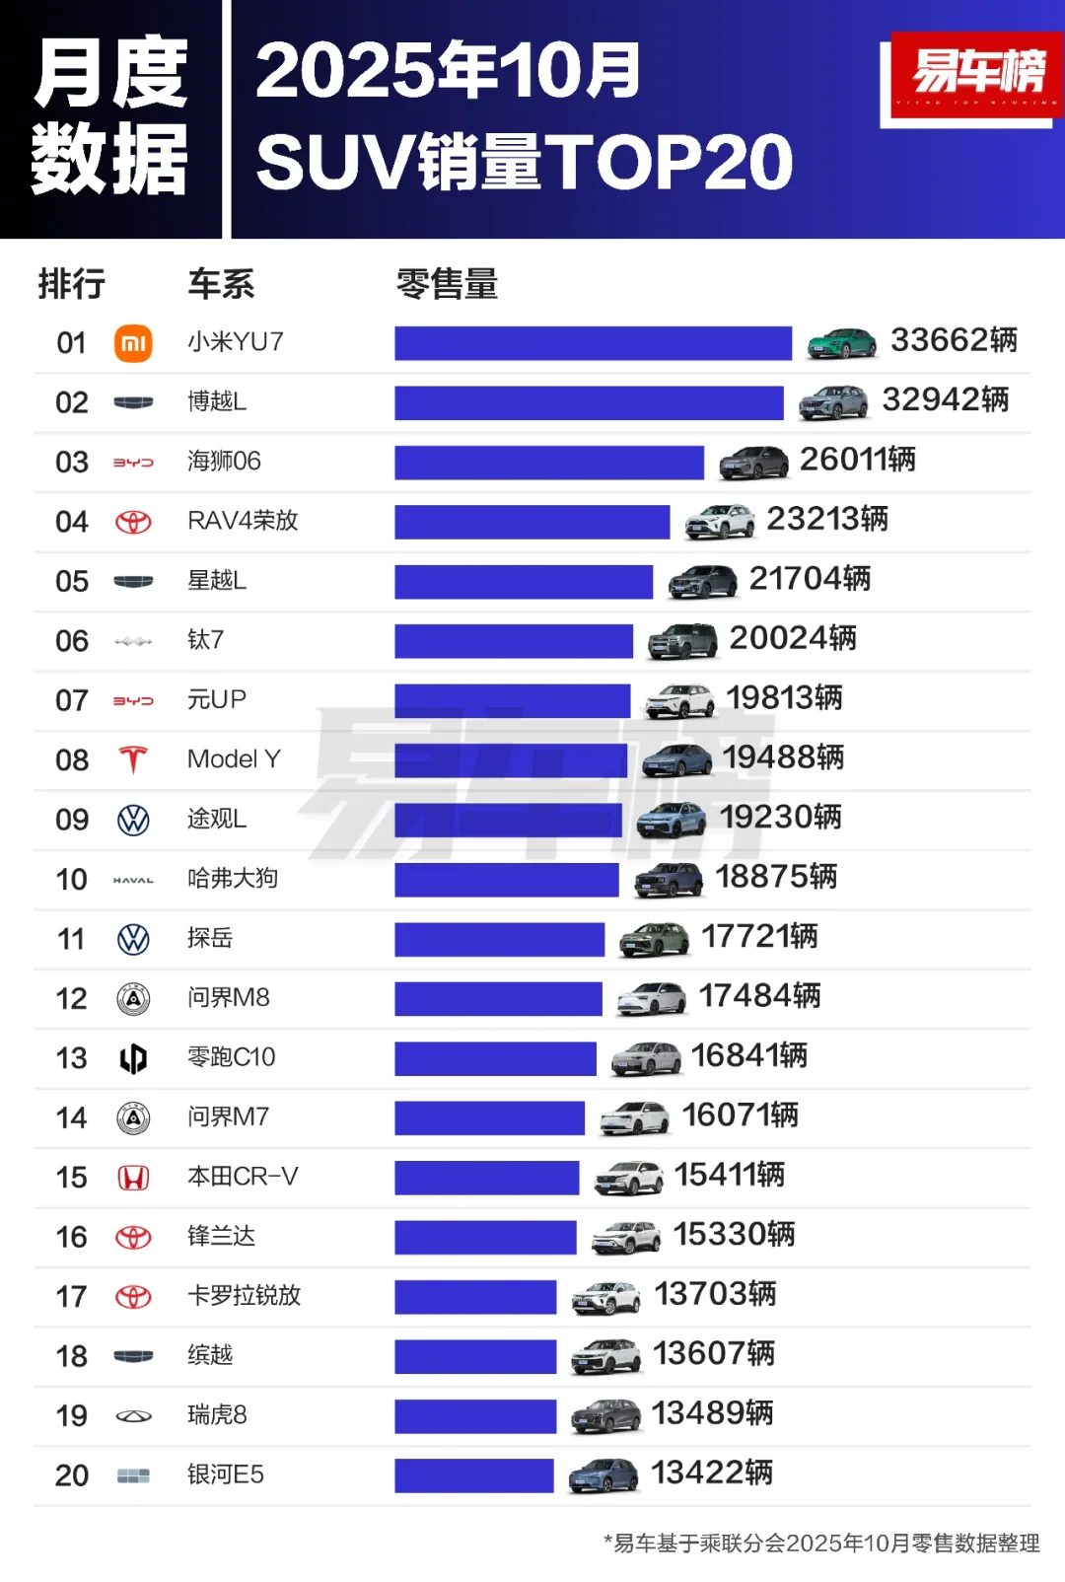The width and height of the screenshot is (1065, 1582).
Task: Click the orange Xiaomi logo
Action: [x=133, y=343]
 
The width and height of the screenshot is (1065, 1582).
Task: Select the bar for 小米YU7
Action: [x=593, y=343]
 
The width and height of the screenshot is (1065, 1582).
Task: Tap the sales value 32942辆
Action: [x=945, y=400]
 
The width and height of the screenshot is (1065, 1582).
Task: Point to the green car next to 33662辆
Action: [x=841, y=342]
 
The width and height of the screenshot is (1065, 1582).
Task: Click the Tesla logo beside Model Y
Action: [x=133, y=760]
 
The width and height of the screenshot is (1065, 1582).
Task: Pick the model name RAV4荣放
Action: [x=243, y=521]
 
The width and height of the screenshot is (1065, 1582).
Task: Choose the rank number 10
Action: [x=71, y=880]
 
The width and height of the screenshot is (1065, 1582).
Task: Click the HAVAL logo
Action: [x=133, y=880]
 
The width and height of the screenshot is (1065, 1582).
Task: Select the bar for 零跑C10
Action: [x=495, y=1058]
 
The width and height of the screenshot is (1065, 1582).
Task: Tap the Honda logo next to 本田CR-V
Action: [x=133, y=1178]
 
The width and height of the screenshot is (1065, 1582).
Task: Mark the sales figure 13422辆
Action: [x=712, y=1474]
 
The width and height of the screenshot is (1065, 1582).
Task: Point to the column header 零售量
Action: [x=447, y=284]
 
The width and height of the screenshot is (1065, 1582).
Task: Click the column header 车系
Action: [x=221, y=284]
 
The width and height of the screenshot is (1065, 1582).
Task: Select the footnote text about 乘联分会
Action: [x=822, y=1544]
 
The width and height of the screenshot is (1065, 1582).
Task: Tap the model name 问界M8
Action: [x=228, y=998]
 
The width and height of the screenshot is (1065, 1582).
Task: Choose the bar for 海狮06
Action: [x=549, y=463]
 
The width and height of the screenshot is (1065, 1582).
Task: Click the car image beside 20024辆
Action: [x=682, y=641]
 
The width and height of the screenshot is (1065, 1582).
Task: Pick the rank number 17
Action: [x=71, y=1297]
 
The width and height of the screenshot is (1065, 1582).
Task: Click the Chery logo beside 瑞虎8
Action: [x=133, y=1416]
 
